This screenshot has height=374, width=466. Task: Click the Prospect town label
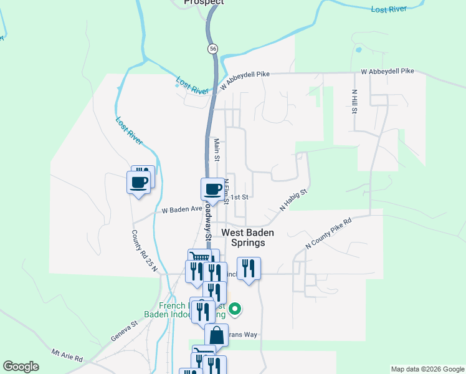coord(204,2)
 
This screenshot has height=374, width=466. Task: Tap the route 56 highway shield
coord(214,48)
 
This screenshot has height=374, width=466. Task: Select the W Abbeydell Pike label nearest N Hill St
coord(388,71)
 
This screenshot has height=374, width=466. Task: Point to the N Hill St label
coord(354,102)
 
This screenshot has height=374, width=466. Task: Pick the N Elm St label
coord(227,188)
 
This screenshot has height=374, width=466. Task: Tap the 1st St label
coord(240,197)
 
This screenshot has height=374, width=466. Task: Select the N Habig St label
coord(293,201)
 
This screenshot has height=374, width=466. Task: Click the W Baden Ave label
coord(183,211)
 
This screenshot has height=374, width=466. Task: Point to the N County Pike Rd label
coord(329,234)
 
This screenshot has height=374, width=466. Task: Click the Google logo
coord(21,367)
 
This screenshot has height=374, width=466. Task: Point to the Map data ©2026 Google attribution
coord(427,369)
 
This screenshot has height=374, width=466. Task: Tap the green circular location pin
coord(235,308)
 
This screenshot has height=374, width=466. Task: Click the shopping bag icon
coord(216,335)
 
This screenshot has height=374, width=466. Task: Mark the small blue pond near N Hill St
coord(358,49)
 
